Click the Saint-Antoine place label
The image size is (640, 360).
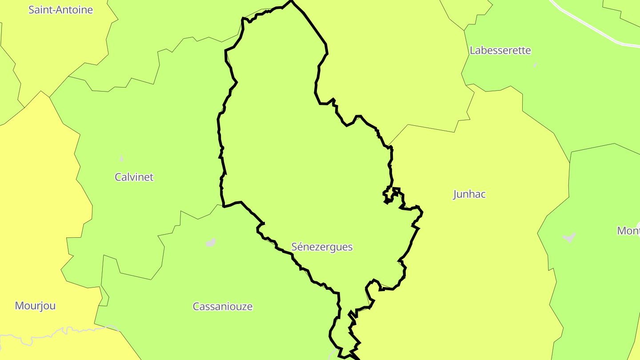60,10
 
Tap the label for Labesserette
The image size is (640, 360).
500,50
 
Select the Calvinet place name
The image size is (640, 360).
134,177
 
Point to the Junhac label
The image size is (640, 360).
469,194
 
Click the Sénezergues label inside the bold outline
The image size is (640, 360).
322,247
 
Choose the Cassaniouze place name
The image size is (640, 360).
222,306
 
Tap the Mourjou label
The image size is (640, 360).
35,306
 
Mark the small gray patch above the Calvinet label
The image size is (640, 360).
122,158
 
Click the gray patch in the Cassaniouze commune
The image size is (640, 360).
211,243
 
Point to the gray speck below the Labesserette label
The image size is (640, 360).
536,65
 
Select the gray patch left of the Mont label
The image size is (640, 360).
569,237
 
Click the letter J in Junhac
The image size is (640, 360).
455,194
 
